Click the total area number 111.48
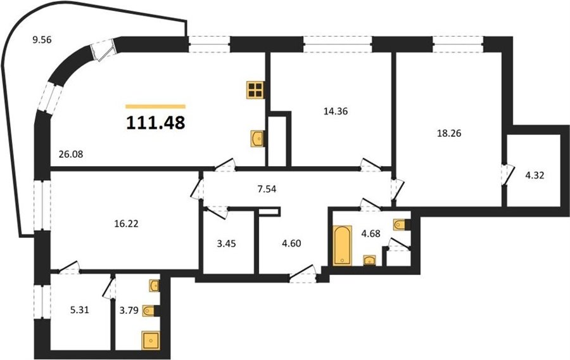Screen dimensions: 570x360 coord(156,122)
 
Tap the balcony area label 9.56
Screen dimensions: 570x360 coord(42,40)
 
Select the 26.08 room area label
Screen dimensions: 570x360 coord(71,154)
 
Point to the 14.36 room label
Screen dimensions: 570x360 coord(336,112)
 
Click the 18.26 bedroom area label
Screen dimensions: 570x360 coord(448,133)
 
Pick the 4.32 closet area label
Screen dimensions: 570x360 coord(535,176)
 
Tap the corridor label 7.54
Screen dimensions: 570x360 coord(267,189)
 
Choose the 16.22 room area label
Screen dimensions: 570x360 coord(126,224)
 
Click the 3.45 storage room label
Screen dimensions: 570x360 coord(226,243)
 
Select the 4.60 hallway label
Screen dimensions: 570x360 coord(291,243)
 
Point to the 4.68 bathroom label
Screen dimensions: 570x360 coord(370,233)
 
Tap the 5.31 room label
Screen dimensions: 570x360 coord(79,310)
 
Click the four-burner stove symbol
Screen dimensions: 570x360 coord(255,90)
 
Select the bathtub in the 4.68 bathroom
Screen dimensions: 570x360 coord(342,245)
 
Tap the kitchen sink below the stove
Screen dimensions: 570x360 coord(257,139)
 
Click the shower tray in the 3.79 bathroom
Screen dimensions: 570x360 coord(151,340)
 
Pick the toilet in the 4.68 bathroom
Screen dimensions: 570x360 coord(402,225)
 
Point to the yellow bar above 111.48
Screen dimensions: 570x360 coord(156,106)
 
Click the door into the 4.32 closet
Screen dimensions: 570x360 coord(508,176)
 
